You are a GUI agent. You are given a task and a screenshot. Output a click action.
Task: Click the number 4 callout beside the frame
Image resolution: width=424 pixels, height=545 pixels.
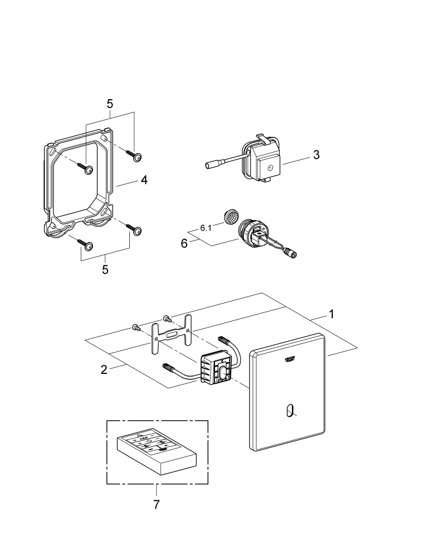pyautogui.click(x=144, y=180)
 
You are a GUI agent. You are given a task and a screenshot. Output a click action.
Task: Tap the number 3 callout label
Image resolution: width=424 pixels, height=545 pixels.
pyautogui.click(x=316, y=155)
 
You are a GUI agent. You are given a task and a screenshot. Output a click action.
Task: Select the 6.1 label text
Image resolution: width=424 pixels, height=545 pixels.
pyautogui.click(x=206, y=228)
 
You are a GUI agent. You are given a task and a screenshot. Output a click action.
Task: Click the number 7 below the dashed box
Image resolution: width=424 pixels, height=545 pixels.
pyautogui.click(x=157, y=505)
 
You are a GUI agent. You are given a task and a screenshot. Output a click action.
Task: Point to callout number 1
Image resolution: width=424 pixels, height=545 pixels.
pyautogui.click(x=331, y=314)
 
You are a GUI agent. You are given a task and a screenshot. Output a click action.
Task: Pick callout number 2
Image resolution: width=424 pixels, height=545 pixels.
pyautogui.click(x=104, y=370)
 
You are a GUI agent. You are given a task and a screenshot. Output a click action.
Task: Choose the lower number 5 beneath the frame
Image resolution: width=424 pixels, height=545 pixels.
pyautogui.click(x=105, y=270)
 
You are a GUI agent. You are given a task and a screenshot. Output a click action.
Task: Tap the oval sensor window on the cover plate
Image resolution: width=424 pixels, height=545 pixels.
pyautogui.click(x=289, y=411)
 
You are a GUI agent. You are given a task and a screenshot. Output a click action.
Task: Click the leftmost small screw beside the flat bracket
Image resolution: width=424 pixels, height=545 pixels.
pyautogui.click(x=135, y=328)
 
